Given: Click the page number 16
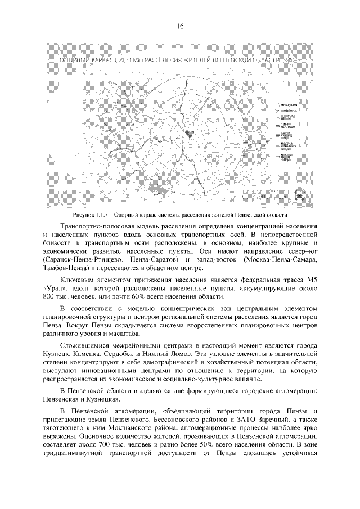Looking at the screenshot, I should (180, 25).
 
